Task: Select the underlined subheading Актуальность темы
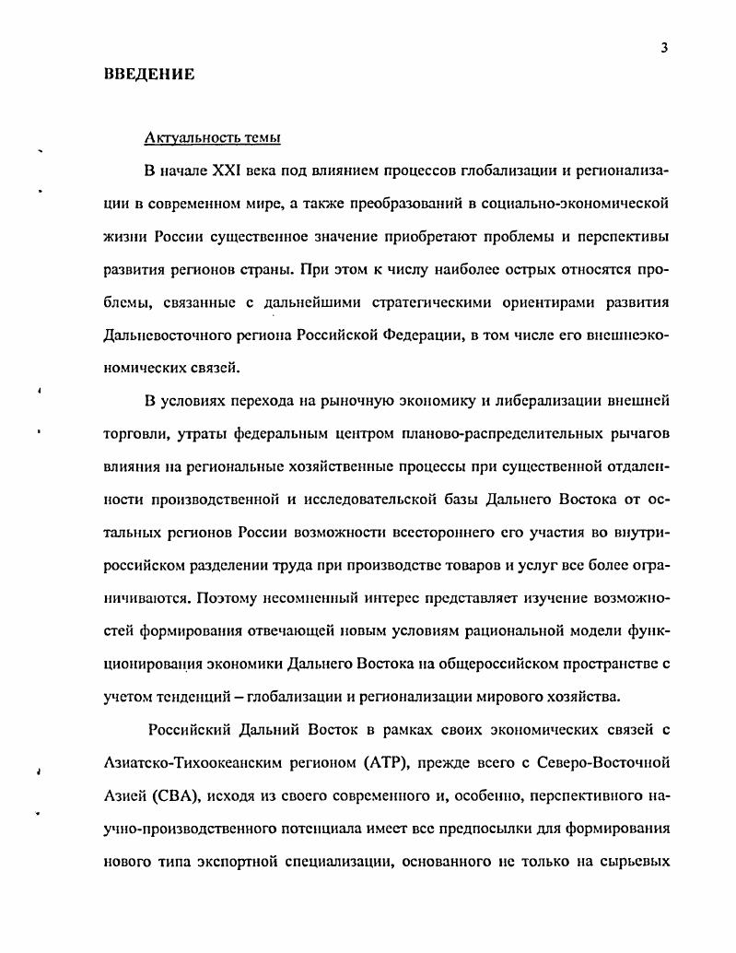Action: click(x=213, y=138)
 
